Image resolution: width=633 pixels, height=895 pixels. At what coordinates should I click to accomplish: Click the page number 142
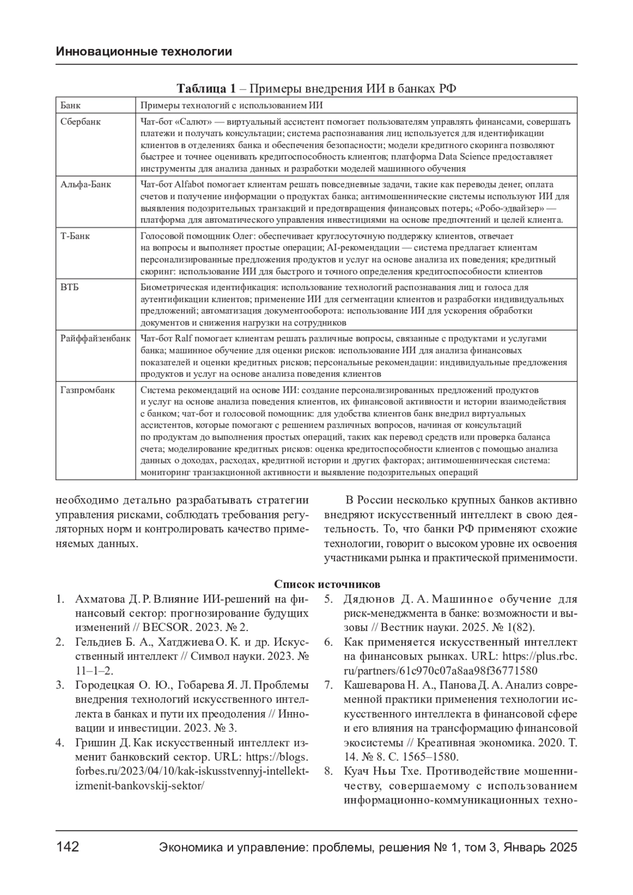point(68,847)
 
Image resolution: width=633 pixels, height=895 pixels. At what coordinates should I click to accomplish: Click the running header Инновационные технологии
point(143,52)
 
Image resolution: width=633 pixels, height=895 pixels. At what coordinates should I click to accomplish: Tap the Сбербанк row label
point(81,122)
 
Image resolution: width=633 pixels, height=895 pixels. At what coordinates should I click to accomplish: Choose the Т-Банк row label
point(75,236)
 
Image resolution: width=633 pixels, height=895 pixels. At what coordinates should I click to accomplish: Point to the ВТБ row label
point(70,287)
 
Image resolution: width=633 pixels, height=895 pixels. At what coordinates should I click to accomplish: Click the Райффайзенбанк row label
point(95,339)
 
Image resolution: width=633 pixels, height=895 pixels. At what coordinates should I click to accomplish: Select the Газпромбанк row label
point(88,391)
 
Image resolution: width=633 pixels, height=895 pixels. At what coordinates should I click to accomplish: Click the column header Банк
point(71,106)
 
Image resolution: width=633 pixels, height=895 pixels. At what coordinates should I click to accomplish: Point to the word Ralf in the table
point(183,339)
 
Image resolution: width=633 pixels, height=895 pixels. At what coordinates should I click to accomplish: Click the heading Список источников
point(327,584)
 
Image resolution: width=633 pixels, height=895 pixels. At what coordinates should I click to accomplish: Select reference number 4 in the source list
point(60,743)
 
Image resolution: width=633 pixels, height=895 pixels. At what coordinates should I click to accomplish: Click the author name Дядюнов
point(369,599)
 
